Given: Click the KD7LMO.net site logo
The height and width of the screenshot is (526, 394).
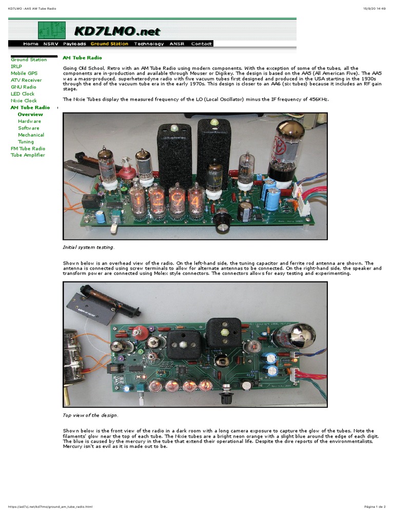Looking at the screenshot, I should (117, 31).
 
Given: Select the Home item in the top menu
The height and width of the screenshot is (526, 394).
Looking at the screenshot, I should (31, 44).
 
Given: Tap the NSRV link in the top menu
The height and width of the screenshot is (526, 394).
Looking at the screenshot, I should (51, 44).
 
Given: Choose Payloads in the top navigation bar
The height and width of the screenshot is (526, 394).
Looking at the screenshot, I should (74, 44).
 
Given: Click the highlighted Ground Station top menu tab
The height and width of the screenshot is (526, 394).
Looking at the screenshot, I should (109, 44).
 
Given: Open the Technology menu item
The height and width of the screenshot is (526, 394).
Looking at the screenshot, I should (149, 44).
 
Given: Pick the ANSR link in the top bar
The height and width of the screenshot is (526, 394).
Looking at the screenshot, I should (177, 44).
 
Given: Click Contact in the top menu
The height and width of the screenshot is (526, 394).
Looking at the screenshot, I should (201, 44).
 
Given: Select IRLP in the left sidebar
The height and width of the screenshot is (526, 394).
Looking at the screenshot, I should (16, 66).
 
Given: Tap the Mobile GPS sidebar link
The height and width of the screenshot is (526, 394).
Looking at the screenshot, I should (24, 73).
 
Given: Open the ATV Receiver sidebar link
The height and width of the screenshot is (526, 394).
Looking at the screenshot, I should (26, 80).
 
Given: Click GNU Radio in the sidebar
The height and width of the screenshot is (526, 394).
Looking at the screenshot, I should (24, 87).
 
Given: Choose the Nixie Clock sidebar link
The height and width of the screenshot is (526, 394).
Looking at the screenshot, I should (24, 101).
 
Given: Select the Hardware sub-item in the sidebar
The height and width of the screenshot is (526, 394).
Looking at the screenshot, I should (29, 121).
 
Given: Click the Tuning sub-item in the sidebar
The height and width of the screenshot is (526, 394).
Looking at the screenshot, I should (26, 142).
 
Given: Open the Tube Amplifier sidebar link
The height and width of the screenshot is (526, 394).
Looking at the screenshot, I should (28, 155).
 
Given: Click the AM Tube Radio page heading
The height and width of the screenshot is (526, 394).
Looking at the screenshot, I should (82, 59).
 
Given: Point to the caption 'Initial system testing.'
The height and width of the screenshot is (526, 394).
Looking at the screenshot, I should (88, 248).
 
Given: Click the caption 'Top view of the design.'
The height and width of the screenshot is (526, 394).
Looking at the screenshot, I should (90, 415).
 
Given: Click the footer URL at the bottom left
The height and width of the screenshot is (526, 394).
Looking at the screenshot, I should (50, 507).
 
